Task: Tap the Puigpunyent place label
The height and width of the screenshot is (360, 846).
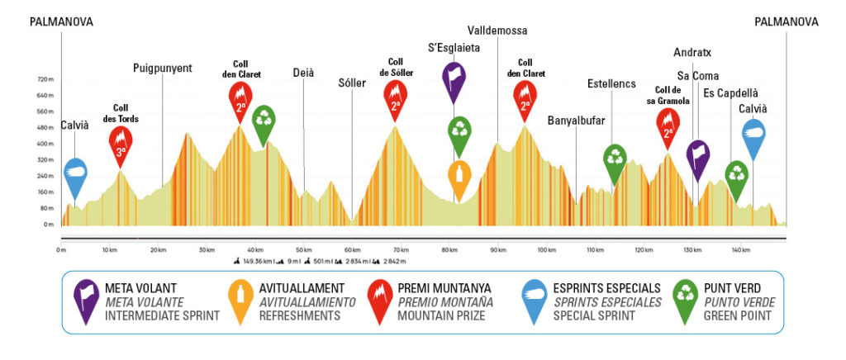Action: tap(162, 69)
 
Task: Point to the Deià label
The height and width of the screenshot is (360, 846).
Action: tap(303, 73)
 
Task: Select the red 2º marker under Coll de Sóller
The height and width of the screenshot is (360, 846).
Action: tap(396, 97)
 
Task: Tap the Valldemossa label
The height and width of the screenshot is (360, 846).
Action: tap(497, 31)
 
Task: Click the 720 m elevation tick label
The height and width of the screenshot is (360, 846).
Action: tap(45, 80)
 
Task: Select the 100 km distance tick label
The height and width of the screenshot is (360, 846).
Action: tap(546, 249)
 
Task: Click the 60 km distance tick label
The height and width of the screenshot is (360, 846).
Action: tap(353, 249)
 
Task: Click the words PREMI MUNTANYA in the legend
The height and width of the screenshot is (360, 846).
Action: tap(444, 288)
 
